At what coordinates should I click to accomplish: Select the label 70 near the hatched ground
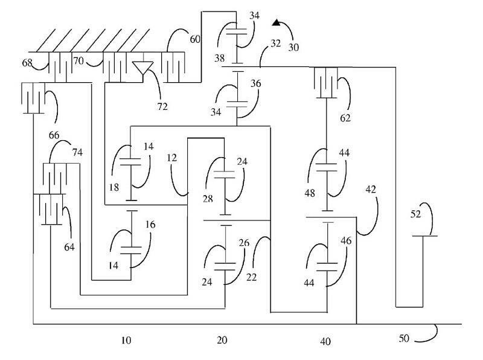click(x=78, y=61)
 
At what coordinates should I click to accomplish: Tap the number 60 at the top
click(x=195, y=39)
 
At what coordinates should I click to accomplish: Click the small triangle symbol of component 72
click(x=142, y=68)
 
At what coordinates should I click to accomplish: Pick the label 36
click(x=255, y=85)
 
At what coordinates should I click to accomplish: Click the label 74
click(x=78, y=152)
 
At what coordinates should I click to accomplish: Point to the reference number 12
click(x=171, y=158)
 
